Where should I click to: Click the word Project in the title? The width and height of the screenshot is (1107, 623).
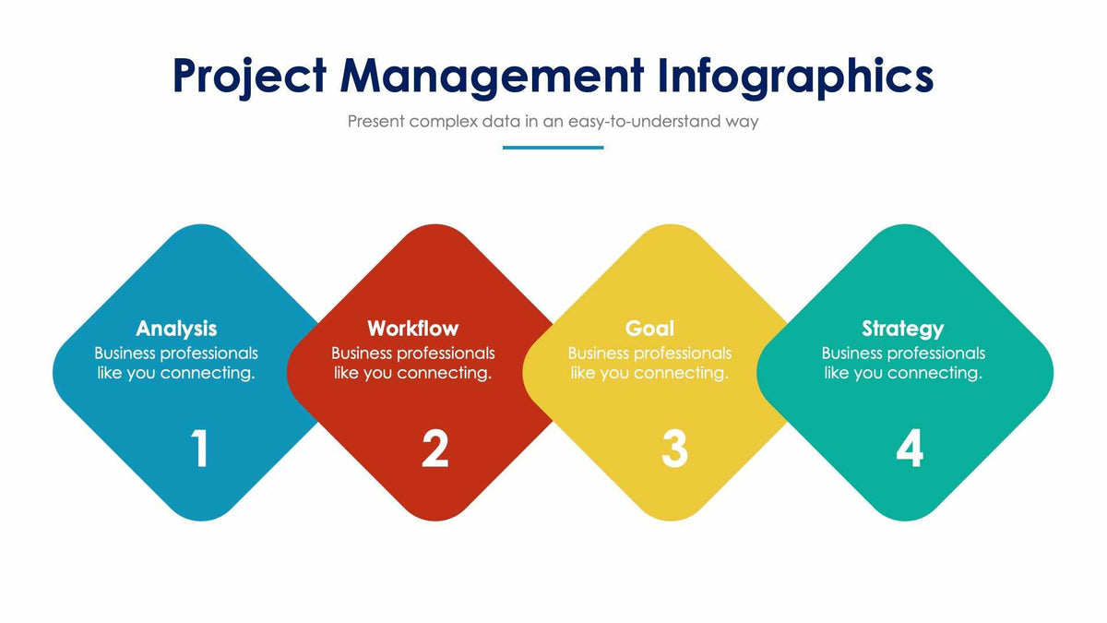[x=249, y=76]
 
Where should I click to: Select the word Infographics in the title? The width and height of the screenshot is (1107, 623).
[x=796, y=76]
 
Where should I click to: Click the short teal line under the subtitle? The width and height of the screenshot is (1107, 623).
[x=553, y=148]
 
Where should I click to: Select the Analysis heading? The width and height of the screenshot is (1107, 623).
[x=176, y=329]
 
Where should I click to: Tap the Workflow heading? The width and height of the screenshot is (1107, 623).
[x=412, y=329]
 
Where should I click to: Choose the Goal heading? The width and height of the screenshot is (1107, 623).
[x=649, y=329]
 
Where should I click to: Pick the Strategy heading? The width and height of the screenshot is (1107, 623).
[x=902, y=329]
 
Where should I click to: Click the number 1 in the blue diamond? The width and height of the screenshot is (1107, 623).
[x=200, y=449]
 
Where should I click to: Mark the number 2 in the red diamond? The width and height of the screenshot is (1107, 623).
[x=435, y=449]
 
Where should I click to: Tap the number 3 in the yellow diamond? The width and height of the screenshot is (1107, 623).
[x=674, y=449]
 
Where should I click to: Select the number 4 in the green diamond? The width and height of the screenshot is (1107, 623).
[x=910, y=449]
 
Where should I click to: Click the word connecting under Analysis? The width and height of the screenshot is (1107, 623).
[x=208, y=374]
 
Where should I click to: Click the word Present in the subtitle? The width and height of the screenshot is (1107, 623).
[x=376, y=121]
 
